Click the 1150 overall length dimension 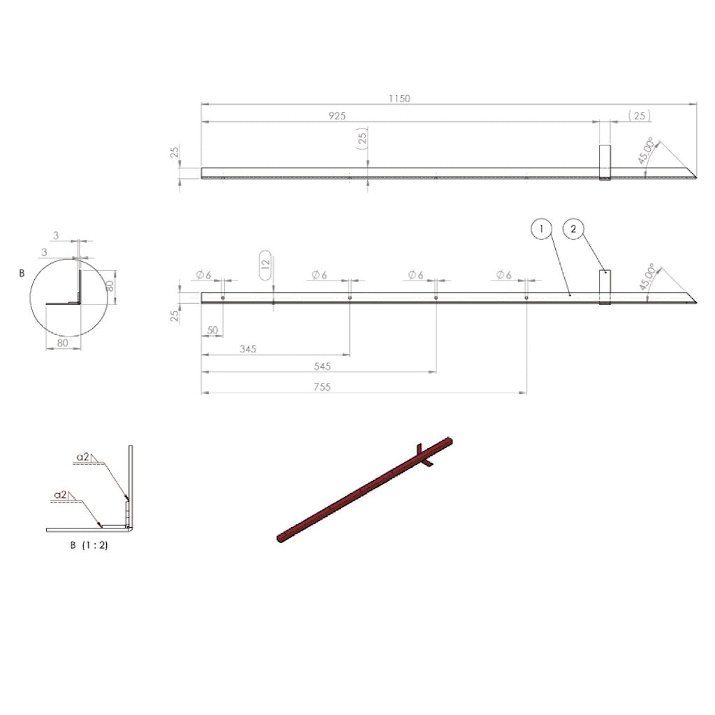[399, 98]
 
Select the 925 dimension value [337, 116]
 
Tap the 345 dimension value [248, 348]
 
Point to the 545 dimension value [323, 366]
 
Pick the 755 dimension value [323, 387]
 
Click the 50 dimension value [212, 329]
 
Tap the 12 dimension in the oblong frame [265, 265]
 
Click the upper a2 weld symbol [84, 457]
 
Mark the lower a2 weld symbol [61, 494]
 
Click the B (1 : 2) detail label [89, 545]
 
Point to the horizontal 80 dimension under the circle [63, 343]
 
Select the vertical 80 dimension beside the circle [110, 285]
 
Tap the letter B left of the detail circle [22, 274]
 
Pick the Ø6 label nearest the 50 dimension [204, 275]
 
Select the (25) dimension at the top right [640, 116]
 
